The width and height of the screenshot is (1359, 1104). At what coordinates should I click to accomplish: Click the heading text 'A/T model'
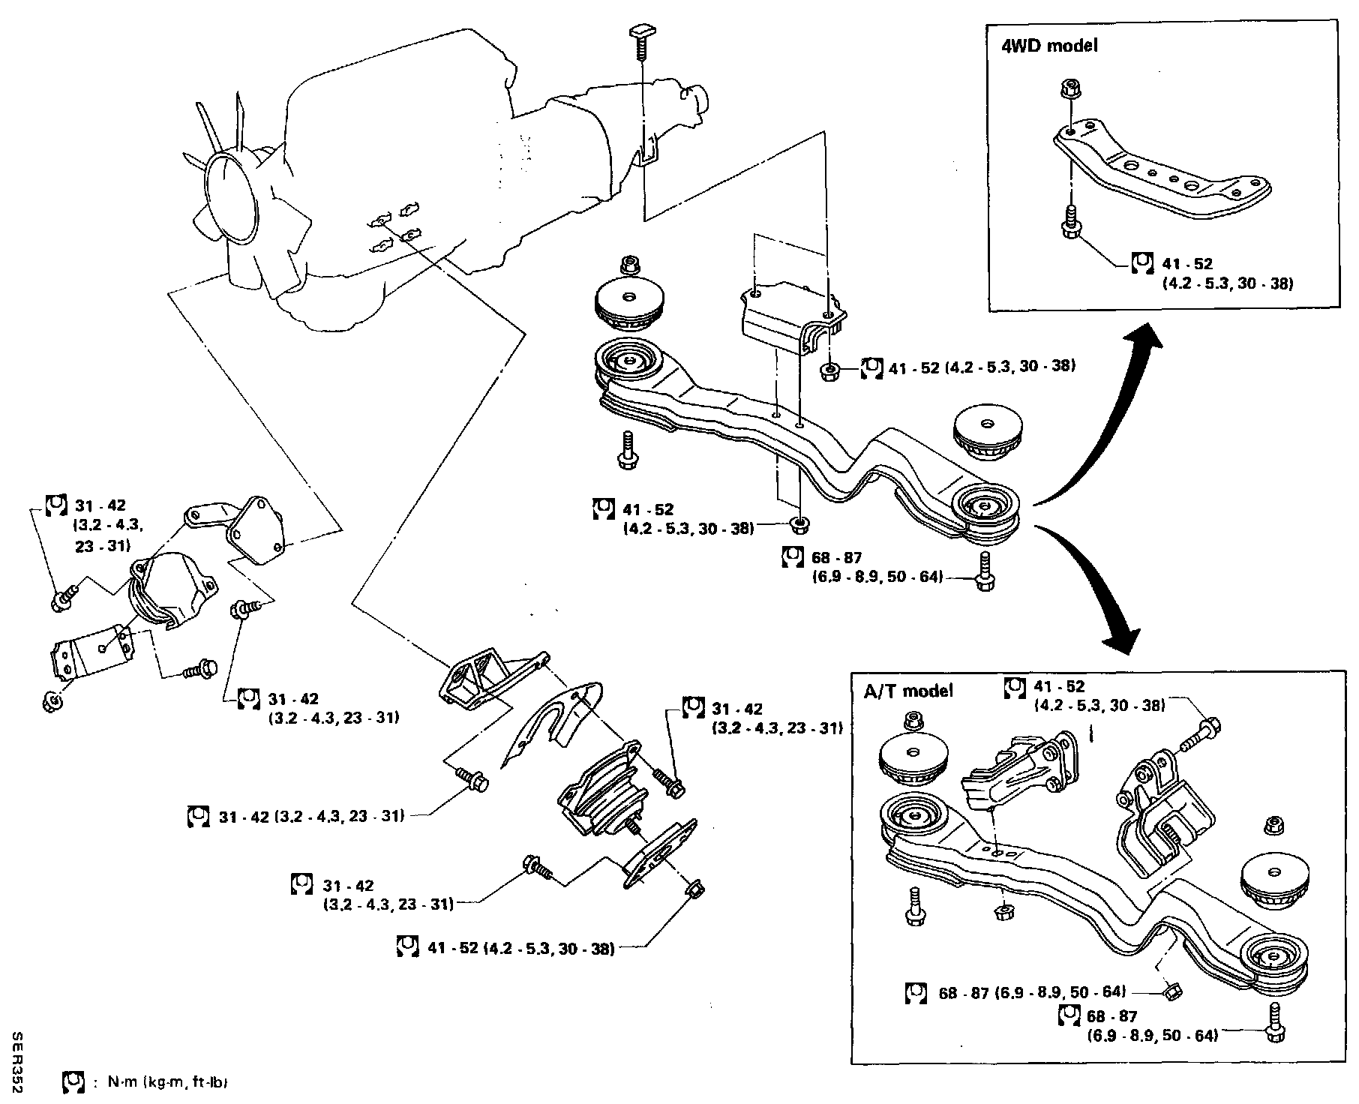pos(907,691)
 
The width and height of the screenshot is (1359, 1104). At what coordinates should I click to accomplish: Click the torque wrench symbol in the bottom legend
pos(72,1082)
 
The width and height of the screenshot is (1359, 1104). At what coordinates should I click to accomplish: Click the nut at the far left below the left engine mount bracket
pos(52,702)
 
